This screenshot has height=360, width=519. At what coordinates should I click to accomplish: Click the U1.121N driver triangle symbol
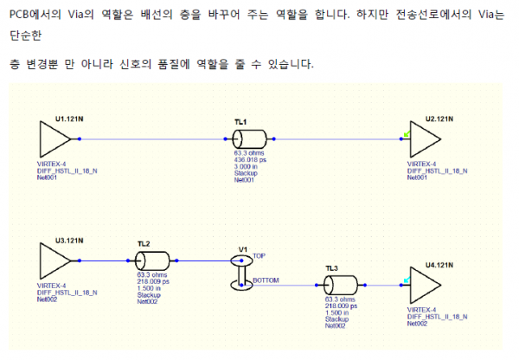pos(54,138)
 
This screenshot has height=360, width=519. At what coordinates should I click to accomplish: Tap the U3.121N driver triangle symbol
pos(54,260)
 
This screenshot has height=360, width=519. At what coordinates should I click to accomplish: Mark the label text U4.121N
pos(439,262)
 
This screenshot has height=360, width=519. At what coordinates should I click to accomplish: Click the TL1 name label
pos(240,122)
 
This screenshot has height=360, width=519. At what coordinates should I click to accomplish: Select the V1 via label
pos(243,248)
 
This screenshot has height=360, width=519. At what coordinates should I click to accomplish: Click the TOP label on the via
pos(259,256)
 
